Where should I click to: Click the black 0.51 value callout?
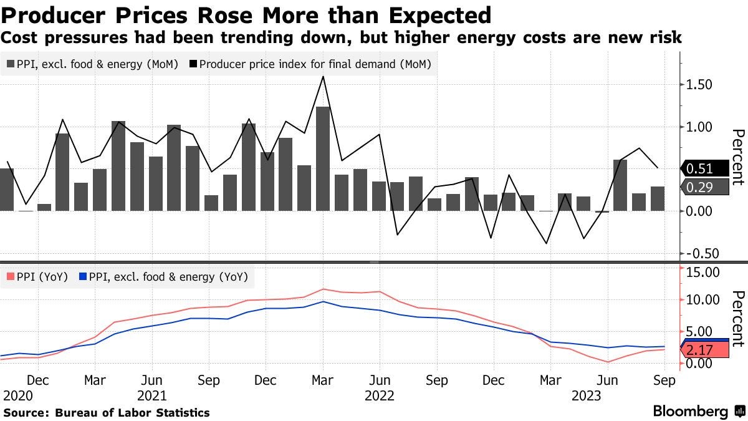[705, 168]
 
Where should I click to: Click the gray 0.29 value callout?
[705, 186]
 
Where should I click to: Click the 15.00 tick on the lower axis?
[702, 272]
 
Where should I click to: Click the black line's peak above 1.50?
[323, 77]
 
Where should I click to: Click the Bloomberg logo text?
[690, 412]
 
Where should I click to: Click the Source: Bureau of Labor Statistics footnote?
[107, 412]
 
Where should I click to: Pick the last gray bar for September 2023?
[657, 198]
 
